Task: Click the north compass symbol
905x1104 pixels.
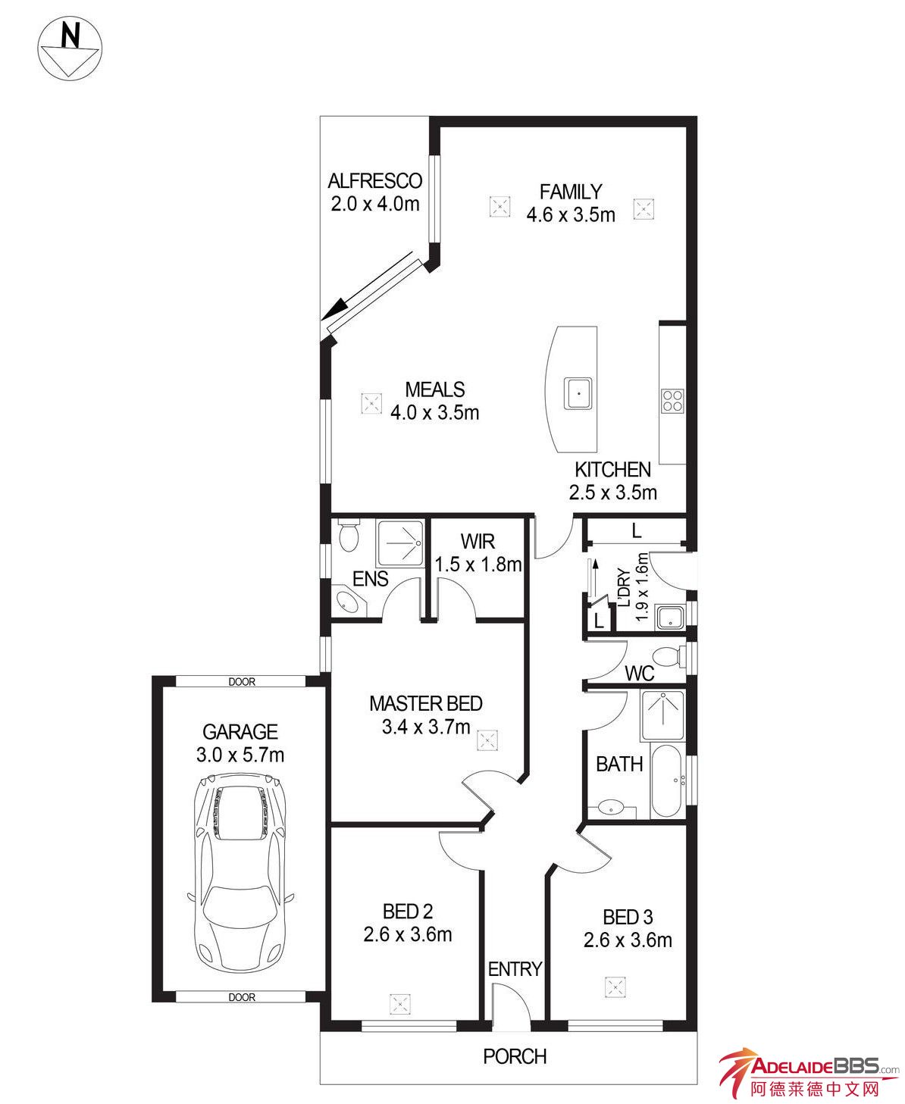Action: coord(70,48)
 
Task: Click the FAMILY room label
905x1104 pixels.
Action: coord(570,192)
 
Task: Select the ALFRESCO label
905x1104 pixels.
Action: coord(375,180)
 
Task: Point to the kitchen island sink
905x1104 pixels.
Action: coord(578,393)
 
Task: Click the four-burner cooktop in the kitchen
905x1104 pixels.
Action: coord(672,401)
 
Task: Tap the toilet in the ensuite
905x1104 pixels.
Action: coord(348,534)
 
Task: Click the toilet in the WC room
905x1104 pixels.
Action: coord(669,656)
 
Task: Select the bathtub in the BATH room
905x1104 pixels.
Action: coord(666,780)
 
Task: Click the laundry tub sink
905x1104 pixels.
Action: coord(669,618)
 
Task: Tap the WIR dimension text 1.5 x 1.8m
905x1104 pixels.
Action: coord(478,565)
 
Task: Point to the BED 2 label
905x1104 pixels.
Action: coord(408,912)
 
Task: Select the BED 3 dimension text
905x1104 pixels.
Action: coord(628,940)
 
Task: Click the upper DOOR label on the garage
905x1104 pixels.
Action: coord(242,681)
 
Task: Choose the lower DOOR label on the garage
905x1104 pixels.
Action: coord(242,997)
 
